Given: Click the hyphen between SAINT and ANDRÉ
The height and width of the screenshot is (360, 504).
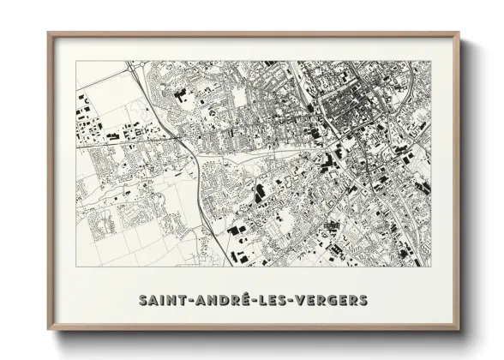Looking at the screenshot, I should (x=186, y=302).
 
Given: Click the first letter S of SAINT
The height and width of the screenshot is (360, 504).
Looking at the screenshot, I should (x=141, y=301).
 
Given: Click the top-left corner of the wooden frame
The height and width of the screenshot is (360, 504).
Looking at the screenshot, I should (x=48, y=33).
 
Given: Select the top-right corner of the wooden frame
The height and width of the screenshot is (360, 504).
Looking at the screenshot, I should (x=459, y=33).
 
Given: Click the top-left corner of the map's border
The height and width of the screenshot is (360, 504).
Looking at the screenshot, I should (x=75, y=61).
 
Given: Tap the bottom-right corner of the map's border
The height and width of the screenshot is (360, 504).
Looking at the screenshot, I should (x=430, y=267).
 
